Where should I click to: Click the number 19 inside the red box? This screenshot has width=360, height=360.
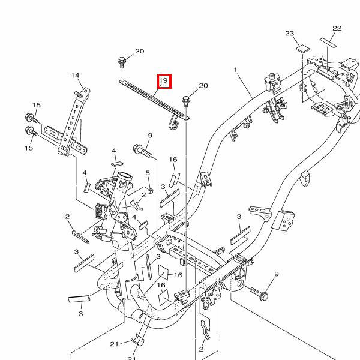tap(163, 80)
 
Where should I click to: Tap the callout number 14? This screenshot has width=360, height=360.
tap(75, 76)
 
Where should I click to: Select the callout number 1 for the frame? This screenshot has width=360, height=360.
tap(235, 70)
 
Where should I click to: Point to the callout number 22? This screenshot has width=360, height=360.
tap(337, 28)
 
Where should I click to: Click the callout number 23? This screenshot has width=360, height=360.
tap(290, 34)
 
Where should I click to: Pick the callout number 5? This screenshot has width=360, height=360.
tap(148, 173)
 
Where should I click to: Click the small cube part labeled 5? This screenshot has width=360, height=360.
tap(150, 191)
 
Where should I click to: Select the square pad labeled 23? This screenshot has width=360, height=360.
tap(302, 49)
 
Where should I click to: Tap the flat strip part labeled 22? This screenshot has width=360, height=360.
tap(328, 43)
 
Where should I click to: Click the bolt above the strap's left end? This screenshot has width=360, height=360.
tap(121, 62)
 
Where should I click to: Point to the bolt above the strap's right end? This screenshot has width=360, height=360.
tap(186, 101)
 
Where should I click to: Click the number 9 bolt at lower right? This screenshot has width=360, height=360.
tap(259, 293)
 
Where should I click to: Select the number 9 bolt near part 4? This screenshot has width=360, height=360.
tap(143, 151)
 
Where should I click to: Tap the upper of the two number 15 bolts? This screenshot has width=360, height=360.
tap(31, 118)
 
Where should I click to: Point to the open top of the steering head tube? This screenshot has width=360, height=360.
tap(125, 177)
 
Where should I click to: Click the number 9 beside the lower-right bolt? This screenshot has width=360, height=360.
tap(277, 274)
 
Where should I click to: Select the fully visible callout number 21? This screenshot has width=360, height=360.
tap(114, 344)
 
